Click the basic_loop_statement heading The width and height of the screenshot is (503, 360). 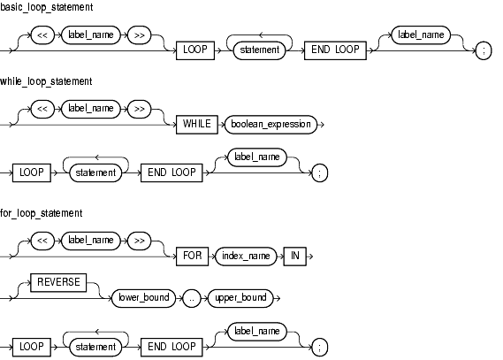pyautogui.click(x=47, y=7)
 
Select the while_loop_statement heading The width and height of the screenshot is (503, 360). pyautogui.click(x=46, y=81)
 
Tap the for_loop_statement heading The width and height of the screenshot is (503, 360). pyautogui.click(x=41, y=213)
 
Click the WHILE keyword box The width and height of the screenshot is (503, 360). pyautogui.click(x=197, y=125)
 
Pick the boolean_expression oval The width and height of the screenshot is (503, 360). pyautogui.click(x=271, y=125)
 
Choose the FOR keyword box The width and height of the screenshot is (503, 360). pyautogui.click(x=192, y=256)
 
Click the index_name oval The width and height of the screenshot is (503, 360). pyautogui.click(x=246, y=256)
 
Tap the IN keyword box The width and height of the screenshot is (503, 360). pyautogui.click(x=295, y=256)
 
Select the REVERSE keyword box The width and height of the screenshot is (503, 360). pyautogui.click(x=58, y=283)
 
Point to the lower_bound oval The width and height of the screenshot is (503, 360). pyautogui.click(x=144, y=298)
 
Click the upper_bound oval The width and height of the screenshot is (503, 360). pyautogui.click(x=241, y=298)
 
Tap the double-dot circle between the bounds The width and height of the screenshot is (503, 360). pyautogui.click(x=192, y=298)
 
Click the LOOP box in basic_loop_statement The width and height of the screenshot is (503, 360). pyautogui.click(x=195, y=50)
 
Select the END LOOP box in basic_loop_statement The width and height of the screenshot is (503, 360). pyautogui.click(x=335, y=50)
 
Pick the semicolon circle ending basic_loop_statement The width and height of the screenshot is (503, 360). pyautogui.click(x=484, y=50)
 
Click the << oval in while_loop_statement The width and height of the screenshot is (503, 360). pyautogui.click(x=42, y=109)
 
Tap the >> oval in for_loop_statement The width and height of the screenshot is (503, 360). pyautogui.click(x=139, y=241)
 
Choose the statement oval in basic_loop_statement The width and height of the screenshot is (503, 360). pyautogui.click(x=260, y=50)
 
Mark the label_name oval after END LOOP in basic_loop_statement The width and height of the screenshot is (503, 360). pyautogui.click(x=421, y=35)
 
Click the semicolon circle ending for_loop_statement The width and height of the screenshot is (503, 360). pyautogui.click(x=320, y=348)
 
